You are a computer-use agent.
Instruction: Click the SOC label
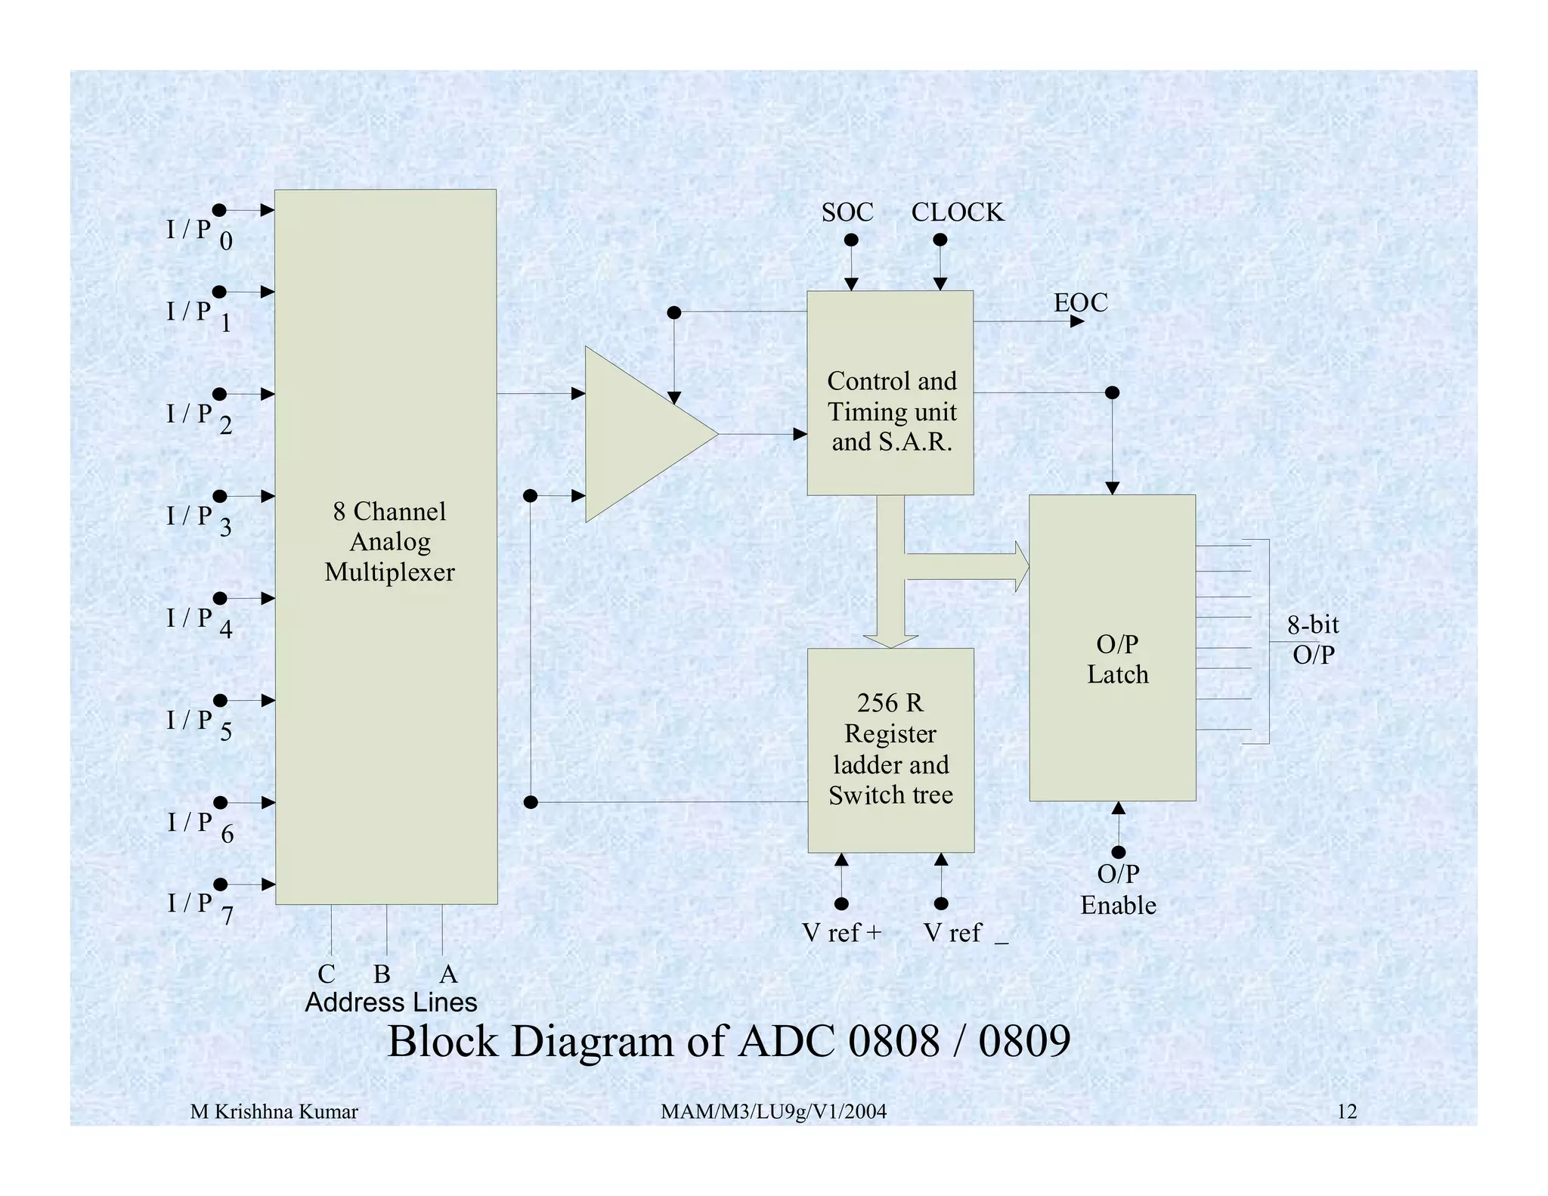click(847, 212)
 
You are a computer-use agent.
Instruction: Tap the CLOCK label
click(957, 212)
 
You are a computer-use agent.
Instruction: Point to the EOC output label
click(1080, 302)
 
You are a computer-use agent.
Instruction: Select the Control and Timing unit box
click(890, 393)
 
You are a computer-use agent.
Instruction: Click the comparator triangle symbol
click(642, 434)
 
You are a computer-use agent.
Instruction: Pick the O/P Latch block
click(1112, 648)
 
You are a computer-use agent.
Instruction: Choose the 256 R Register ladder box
click(890, 749)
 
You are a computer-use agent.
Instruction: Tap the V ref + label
click(841, 933)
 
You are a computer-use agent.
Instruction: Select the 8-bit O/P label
click(1313, 640)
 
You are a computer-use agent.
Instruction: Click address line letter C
click(326, 974)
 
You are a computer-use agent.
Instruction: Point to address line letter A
click(448, 974)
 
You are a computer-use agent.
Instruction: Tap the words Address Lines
click(391, 1002)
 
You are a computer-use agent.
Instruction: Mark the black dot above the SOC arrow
click(851, 240)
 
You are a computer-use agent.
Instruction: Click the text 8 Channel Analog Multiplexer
click(389, 541)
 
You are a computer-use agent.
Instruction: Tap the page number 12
click(1346, 1111)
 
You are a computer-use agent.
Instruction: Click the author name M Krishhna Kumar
click(274, 1111)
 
